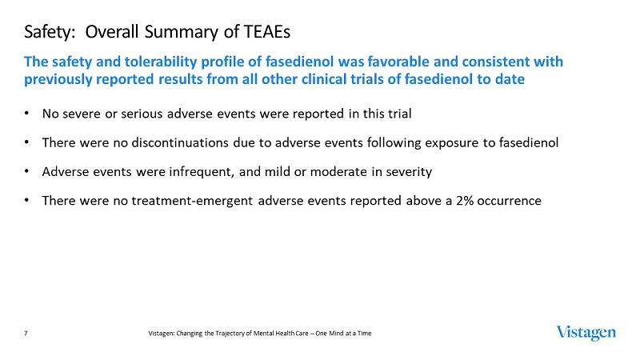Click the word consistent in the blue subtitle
click(x=509, y=62)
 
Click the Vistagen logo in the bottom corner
click(x=586, y=332)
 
